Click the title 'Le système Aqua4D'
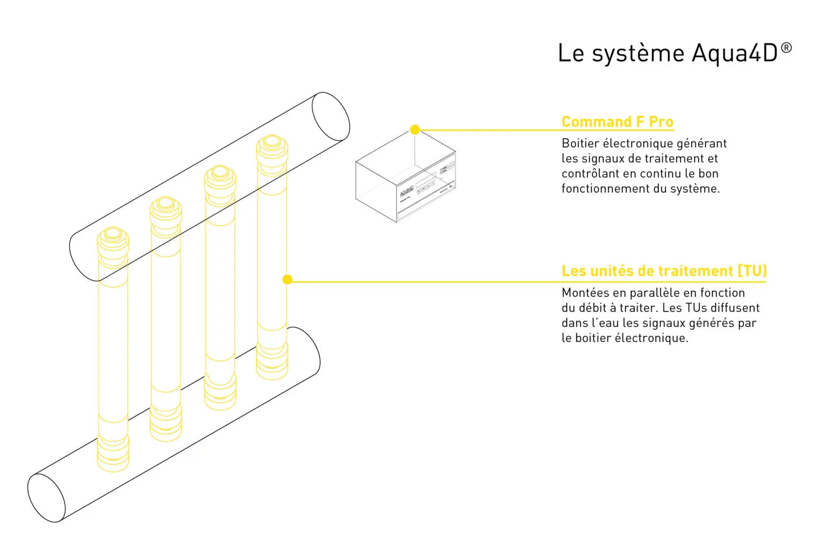click(667, 54)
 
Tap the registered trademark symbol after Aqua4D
click(786, 48)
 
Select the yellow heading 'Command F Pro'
click(617, 122)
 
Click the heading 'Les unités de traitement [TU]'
click(664, 271)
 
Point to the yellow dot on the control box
click(415, 130)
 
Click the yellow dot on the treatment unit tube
click(287, 279)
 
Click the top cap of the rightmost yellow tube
click(272, 143)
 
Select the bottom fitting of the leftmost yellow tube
click(113, 453)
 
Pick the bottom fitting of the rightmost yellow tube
click(272, 362)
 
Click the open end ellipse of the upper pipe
click(331, 117)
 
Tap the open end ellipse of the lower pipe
click(46, 498)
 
